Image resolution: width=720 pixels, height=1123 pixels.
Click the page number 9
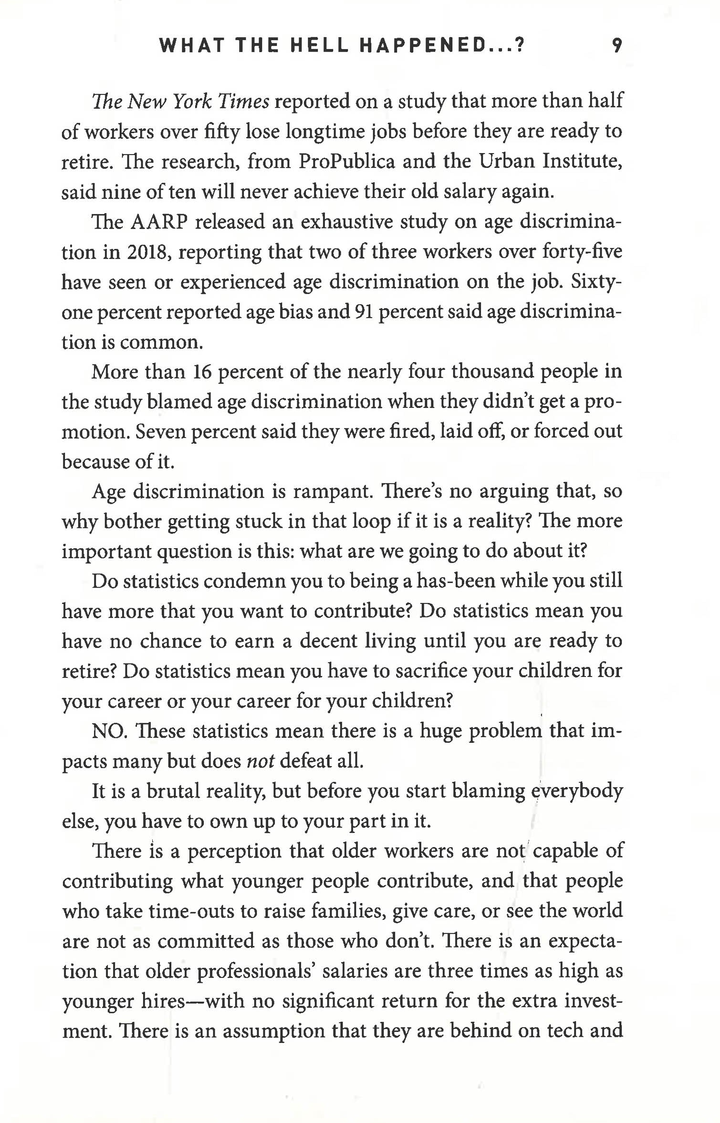pos(617,46)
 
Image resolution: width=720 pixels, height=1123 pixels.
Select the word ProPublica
pos(347,162)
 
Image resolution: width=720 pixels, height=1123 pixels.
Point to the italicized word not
pos(260,761)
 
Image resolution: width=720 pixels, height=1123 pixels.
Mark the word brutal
pos(173,791)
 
